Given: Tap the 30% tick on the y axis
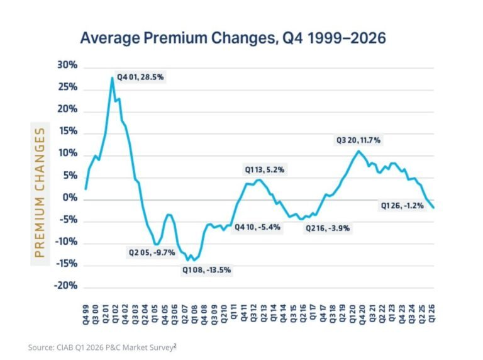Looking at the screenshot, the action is point(67,65).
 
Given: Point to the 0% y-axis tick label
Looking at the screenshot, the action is point(70,197).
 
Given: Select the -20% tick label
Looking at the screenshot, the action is point(65,285).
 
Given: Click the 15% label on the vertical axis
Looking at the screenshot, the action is point(68,132).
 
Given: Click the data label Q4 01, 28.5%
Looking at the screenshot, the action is point(140,77).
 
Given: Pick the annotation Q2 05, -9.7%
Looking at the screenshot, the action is point(152,253).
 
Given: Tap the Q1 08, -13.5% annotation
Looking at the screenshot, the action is point(206,270).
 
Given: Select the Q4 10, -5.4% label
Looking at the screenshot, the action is point(257,227).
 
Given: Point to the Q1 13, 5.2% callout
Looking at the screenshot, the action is point(265,170).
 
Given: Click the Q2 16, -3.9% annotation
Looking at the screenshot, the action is point(328,228).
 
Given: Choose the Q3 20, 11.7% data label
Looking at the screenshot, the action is point(358,140).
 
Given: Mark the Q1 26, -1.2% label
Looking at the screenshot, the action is point(402,206).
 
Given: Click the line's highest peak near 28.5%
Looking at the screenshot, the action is point(112,77).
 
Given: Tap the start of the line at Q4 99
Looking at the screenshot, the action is point(86,189).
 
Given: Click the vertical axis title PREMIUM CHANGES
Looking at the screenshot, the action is point(40,193).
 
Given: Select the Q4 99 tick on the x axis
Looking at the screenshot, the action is point(86,315).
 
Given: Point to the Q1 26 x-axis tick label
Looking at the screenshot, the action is point(432,314).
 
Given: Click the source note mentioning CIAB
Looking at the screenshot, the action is point(102,347).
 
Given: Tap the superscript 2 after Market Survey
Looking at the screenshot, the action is point(175,346).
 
